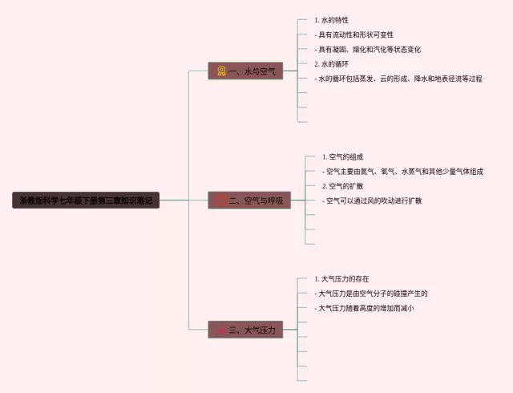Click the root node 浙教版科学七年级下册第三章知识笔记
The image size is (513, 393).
[87, 201]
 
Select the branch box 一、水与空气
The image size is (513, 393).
[245, 71]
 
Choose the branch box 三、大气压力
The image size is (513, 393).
[245, 330]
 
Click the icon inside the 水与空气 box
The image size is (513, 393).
[221, 71]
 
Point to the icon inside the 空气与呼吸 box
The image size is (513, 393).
[221, 201]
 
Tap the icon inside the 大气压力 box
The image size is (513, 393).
[221, 330]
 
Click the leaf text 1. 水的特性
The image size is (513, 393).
[332, 20]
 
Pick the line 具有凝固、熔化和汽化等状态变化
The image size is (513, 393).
[369, 49]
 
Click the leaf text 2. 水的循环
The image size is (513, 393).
[332, 63]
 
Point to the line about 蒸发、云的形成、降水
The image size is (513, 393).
[399, 79]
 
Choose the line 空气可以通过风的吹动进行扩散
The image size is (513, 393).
[372, 200]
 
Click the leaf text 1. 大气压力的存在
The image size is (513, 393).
[342, 279]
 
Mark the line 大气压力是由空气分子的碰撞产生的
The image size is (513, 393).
[373, 294]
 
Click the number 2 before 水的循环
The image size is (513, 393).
[317, 63]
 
